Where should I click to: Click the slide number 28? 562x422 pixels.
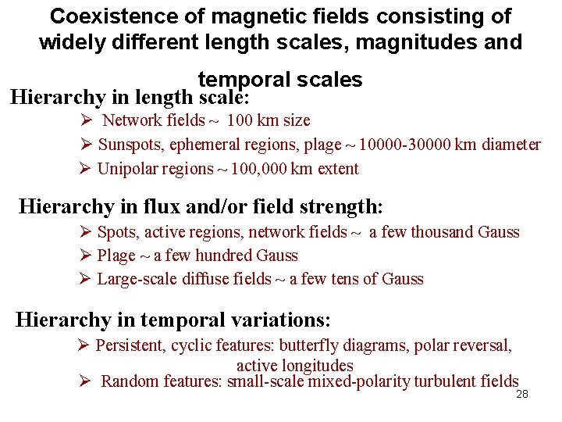tap(522, 395)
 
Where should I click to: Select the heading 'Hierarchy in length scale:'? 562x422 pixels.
tap(130, 98)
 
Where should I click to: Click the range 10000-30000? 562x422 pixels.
tap(408, 145)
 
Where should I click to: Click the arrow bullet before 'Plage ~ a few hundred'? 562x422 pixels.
tap(87, 256)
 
